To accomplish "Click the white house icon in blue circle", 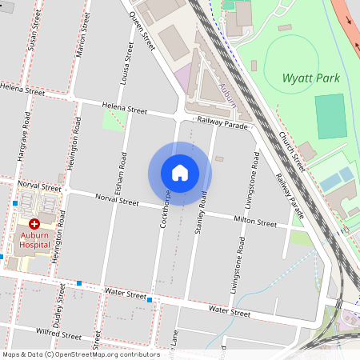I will point(180,173).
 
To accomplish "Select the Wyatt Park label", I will point(311,78).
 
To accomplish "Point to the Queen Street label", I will point(140,31).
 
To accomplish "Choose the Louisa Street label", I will point(126,63).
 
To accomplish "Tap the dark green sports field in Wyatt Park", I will point(329,116).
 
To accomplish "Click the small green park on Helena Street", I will point(114,120).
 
